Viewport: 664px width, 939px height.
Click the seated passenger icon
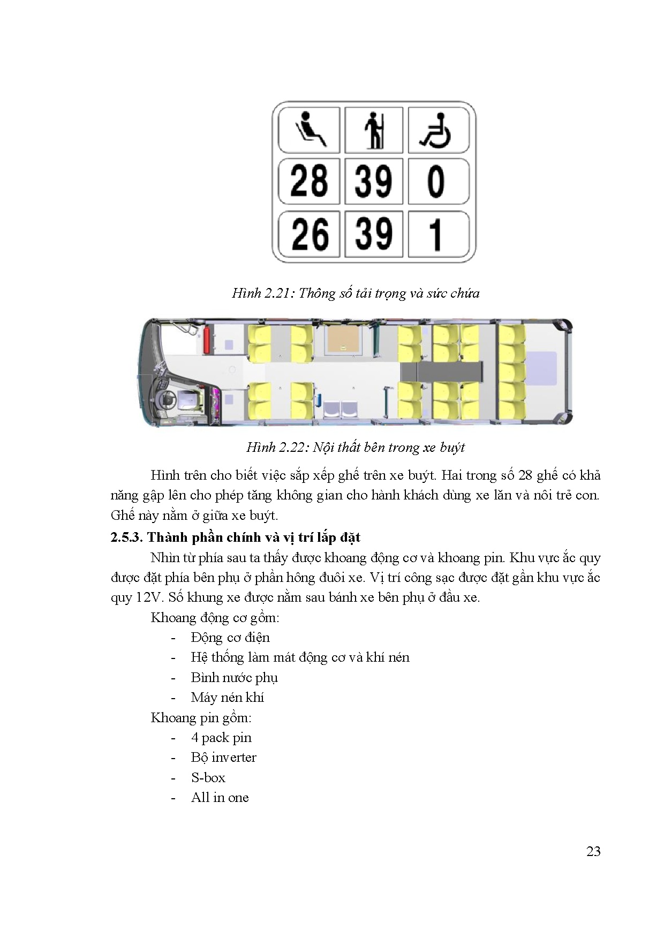coord(310,130)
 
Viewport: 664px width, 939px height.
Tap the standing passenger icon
coord(374,130)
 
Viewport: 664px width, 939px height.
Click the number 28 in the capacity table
coord(309,181)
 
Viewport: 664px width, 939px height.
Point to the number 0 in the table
coord(436,181)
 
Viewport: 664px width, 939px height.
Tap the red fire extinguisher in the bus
coord(206,340)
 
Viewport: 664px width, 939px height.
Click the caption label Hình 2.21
coord(262,293)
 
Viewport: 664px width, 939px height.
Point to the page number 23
coord(593,851)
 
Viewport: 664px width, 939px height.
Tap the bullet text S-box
coord(208,777)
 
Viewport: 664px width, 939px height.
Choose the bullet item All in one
coord(220,798)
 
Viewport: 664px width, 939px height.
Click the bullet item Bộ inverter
coord(223,758)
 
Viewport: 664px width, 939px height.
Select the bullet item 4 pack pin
coord(221,738)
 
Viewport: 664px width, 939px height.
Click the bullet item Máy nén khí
coord(227,698)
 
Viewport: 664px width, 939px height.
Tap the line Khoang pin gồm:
coord(201,718)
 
